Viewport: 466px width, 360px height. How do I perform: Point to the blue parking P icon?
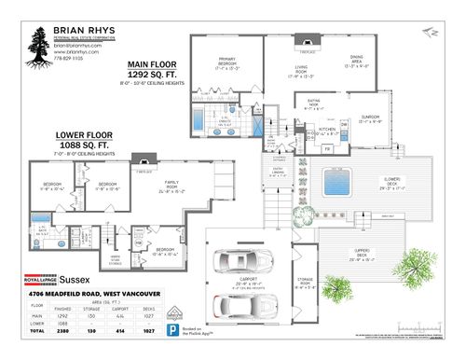(x=173, y=329)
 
